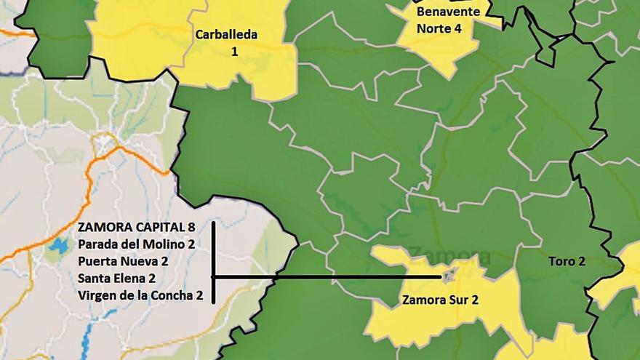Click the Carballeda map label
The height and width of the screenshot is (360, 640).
[x=226, y=34]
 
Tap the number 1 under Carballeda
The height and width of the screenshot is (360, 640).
[x=234, y=51]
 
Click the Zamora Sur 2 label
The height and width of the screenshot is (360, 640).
[x=440, y=299]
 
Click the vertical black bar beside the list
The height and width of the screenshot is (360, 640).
[x=213, y=262]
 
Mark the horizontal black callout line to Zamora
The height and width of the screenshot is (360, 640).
[x=327, y=277]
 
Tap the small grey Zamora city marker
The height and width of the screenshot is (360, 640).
[x=449, y=276]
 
